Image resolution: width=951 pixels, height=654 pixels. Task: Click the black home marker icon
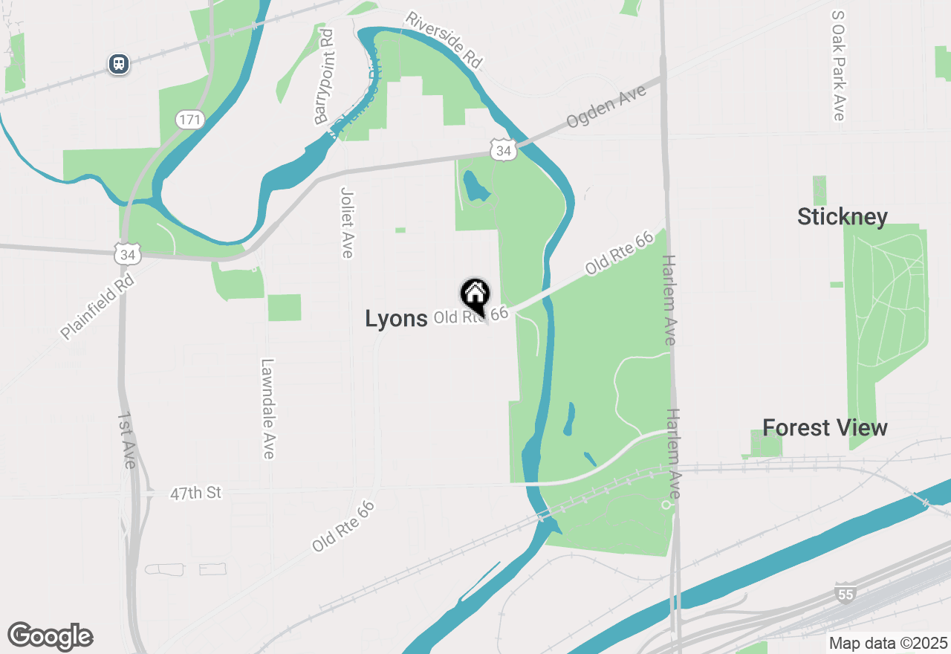(x=475, y=295)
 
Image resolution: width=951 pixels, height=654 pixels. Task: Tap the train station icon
(x=119, y=64)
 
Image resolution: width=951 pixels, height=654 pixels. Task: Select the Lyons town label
(x=396, y=319)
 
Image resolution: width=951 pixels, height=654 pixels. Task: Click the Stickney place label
(x=843, y=217)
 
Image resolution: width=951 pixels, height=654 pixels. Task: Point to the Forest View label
(x=825, y=428)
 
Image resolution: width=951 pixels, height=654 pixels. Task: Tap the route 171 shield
(x=190, y=119)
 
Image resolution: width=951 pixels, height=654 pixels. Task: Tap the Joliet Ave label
(x=346, y=222)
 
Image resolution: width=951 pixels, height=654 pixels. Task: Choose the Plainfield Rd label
(x=97, y=306)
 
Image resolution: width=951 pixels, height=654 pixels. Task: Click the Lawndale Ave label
(x=267, y=409)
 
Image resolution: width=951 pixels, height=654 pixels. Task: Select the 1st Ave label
(x=126, y=440)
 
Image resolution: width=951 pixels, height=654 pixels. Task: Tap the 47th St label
(x=196, y=493)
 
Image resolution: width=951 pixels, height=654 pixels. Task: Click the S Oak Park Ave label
(x=839, y=65)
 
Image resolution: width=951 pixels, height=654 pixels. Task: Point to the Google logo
(x=50, y=636)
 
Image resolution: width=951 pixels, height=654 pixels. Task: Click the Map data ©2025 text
(x=888, y=643)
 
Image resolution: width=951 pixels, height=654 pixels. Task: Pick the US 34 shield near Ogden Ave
(x=504, y=151)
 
